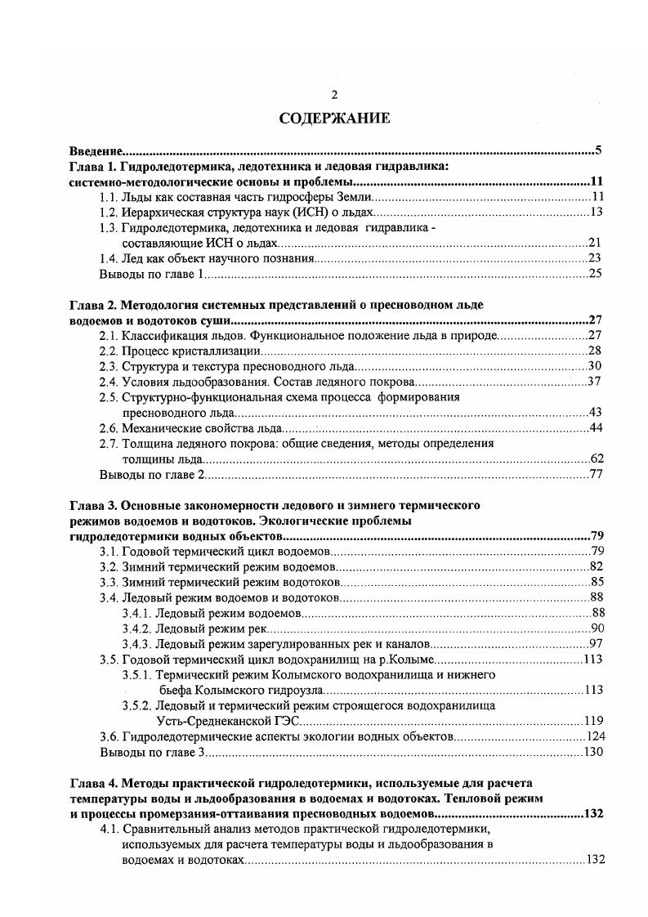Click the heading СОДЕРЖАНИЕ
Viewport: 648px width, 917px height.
334,119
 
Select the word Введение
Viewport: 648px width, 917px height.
95,152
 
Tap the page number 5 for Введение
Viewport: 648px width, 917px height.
598,151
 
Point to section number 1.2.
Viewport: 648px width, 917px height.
109,212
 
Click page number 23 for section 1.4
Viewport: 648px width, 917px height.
595,258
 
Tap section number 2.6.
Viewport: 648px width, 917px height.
109,428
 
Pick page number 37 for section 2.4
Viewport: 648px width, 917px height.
595,382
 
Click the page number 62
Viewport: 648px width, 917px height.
595,459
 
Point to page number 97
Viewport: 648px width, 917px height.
595,644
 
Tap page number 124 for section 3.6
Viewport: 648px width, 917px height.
592,736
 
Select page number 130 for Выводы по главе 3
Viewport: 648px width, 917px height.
592,752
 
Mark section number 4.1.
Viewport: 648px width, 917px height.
109,830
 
